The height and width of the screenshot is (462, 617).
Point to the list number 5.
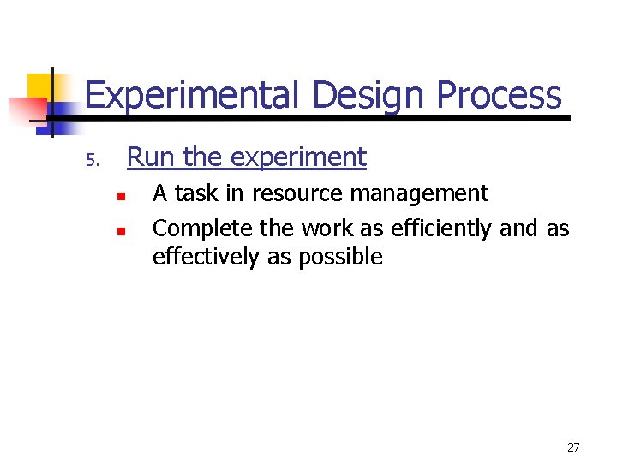[x=93, y=161]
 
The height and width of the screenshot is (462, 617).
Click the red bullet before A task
[x=122, y=196]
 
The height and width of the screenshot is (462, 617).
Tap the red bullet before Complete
[x=122, y=231]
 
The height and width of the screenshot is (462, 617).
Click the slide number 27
[x=573, y=447]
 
